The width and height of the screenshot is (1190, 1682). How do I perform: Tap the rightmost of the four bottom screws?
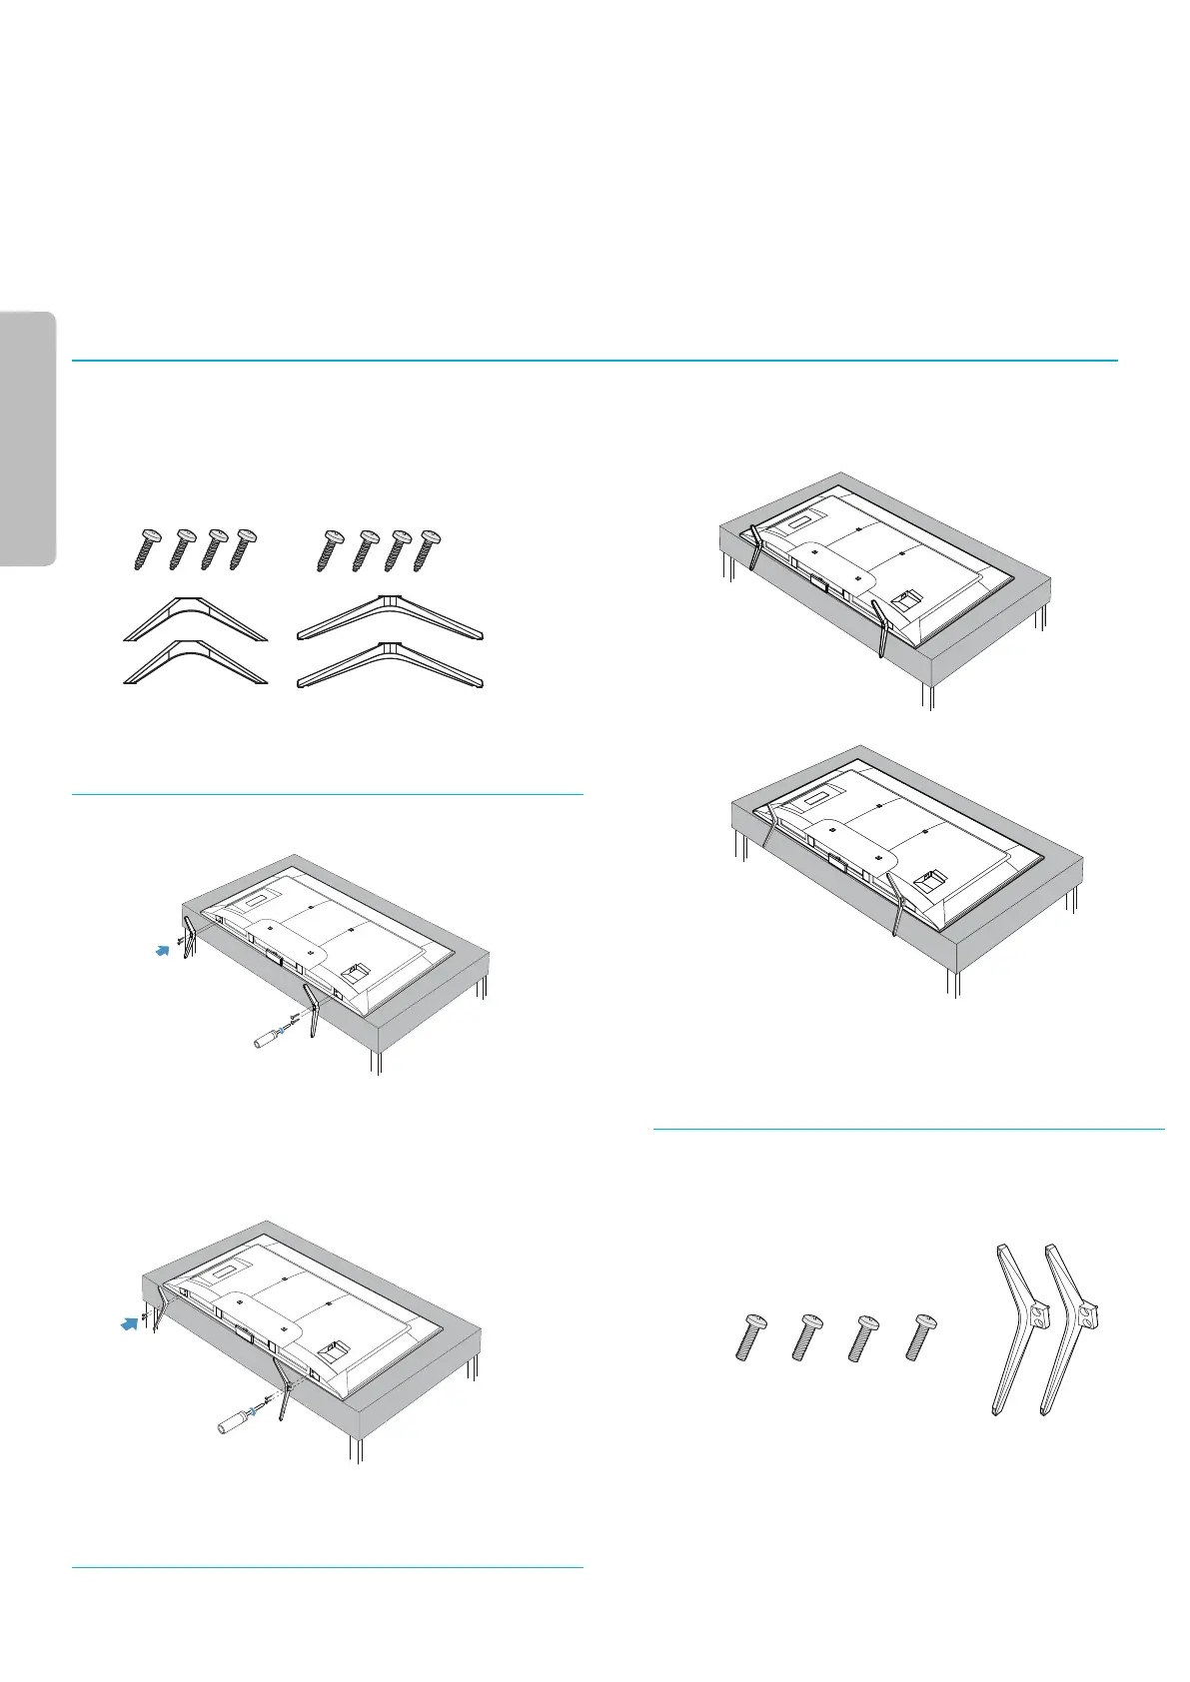click(916, 1336)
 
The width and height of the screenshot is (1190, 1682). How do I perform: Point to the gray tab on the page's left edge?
click(28, 439)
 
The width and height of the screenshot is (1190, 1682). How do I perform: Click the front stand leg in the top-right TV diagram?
click(879, 628)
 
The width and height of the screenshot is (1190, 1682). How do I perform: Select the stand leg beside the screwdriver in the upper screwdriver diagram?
click(311, 1010)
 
